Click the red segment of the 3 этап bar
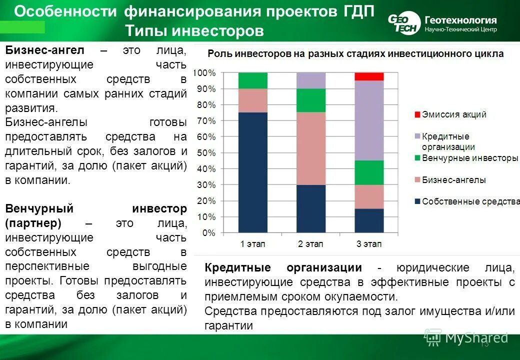369,76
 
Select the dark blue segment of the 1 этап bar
253,172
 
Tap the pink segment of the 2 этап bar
311,148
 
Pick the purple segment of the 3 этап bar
369,120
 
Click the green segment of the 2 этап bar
311,100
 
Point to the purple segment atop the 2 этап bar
311,80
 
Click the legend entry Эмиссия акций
453,114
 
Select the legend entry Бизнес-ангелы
453,180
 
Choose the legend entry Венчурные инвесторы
469,158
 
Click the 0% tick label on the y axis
209,232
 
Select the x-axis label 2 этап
311,244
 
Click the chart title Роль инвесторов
355,54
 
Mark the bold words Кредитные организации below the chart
283,267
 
